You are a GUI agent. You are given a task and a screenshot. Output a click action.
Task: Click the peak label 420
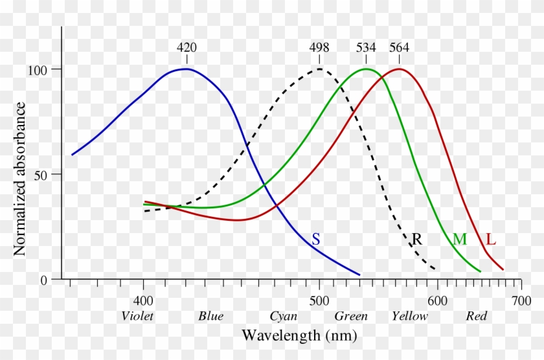(187, 48)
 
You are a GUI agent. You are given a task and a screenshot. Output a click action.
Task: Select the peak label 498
(319, 48)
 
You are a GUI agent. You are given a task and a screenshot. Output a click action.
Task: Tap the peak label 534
(367, 48)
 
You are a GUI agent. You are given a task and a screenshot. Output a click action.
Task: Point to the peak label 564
(399, 48)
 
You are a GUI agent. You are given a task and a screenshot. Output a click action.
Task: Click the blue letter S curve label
(315, 239)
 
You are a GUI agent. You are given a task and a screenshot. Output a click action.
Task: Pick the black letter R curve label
(417, 239)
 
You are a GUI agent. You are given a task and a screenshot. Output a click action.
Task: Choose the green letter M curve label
(459, 240)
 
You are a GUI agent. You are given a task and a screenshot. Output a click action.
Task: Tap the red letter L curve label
(491, 240)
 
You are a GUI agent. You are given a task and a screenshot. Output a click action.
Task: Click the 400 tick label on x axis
(143, 301)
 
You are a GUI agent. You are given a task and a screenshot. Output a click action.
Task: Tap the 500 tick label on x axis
(319, 301)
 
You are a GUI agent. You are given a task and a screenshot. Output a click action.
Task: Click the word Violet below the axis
(138, 317)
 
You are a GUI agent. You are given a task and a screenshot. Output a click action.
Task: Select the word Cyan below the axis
(283, 317)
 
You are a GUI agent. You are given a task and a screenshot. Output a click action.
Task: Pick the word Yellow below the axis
(409, 317)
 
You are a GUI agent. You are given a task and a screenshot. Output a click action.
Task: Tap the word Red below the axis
(476, 317)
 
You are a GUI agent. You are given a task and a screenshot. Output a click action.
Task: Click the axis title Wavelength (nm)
(299, 336)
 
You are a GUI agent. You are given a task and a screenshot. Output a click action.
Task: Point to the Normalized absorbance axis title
(20, 178)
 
